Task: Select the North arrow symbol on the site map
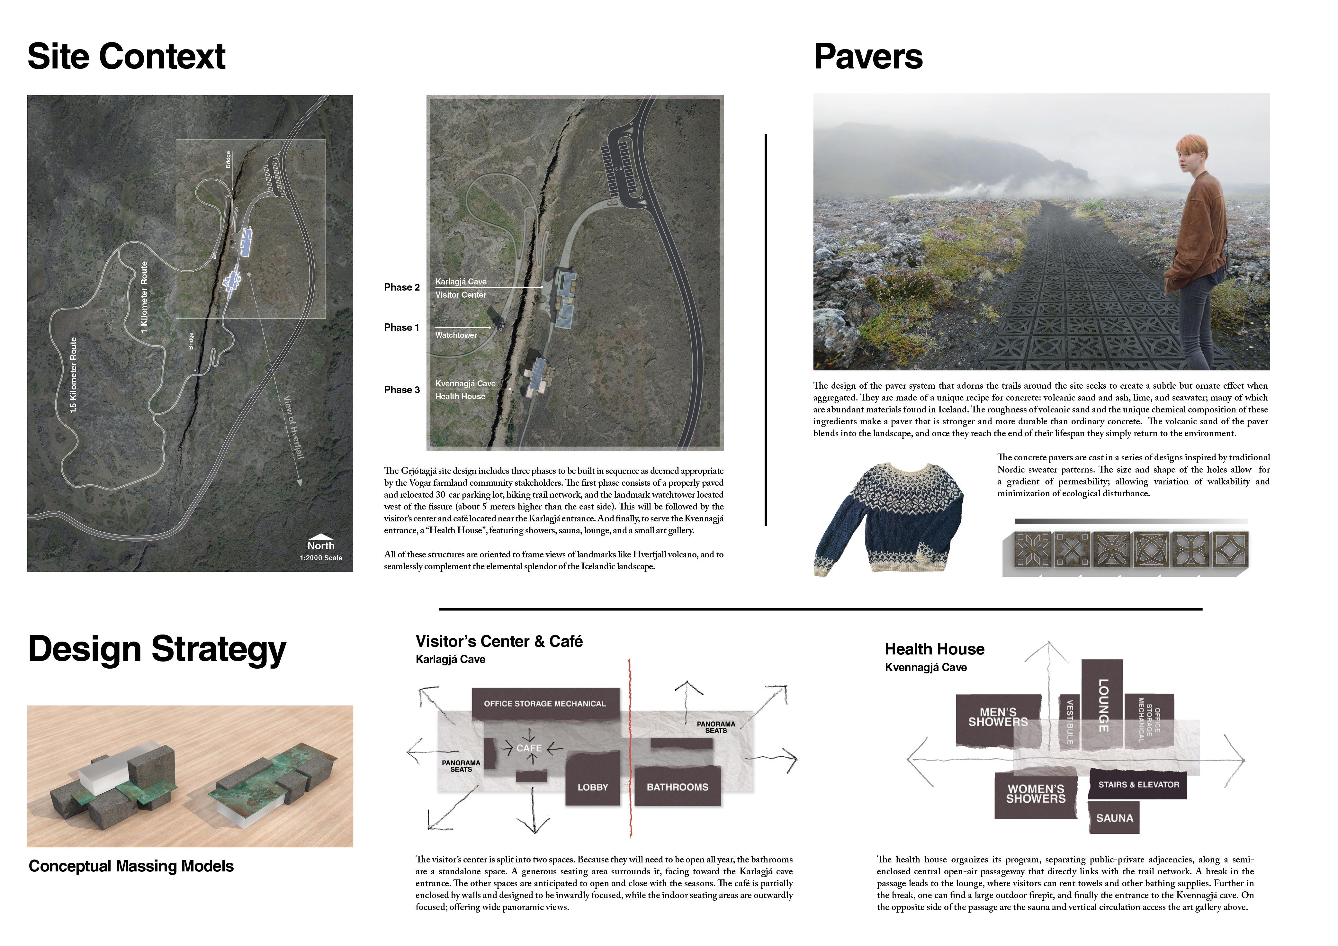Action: pos(320,537)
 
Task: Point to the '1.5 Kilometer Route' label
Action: pos(73,375)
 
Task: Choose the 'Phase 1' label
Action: pos(401,328)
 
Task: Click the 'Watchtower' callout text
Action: pos(456,335)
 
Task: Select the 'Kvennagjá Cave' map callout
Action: pos(465,383)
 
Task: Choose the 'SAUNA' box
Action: pos(1114,818)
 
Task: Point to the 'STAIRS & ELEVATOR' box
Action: pos(1138,785)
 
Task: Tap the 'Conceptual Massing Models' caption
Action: pos(131,866)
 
